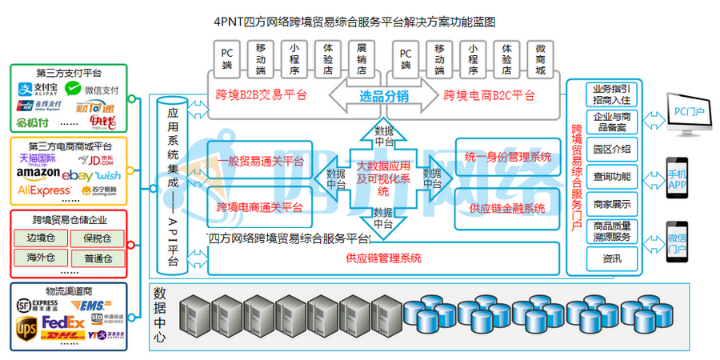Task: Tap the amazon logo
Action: (x=38, y=174)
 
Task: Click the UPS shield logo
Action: (x=26, y=328)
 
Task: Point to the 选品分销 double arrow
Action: (x=379, y=97)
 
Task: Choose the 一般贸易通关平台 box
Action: (x=260, y=161)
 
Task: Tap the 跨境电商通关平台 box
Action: (x=260, y=208)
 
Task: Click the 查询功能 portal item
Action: (x=612, y=176)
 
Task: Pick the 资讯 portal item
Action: (x=612, y=259)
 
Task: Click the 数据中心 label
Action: (x=159, y=314)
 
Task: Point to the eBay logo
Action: (x=78, y=174)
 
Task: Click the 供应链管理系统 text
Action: (x=384, y=258)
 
